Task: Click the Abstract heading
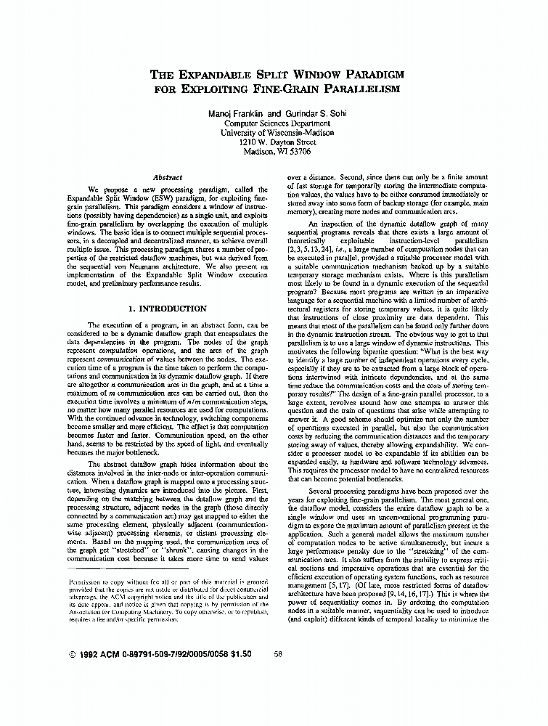tap(168, 177)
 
